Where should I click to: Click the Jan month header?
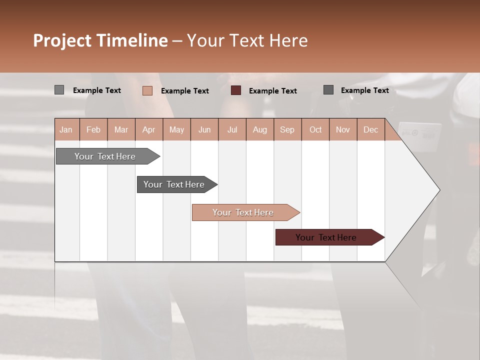[66, 129]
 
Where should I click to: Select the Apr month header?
[149, 129]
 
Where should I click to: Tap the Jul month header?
[232, 129]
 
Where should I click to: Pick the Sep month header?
[287, 129]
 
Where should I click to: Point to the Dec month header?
[370, 129]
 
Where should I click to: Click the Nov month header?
[343, 129]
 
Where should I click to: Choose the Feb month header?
[93, 129]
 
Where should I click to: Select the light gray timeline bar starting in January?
[105, 156]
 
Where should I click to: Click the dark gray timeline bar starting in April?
[174, 184]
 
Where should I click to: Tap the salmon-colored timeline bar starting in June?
[243, 212]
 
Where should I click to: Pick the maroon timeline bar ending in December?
[326, 237]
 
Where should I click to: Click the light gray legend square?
[59, 90]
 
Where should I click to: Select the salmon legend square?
[147, 90]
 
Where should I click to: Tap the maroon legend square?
[236, 90]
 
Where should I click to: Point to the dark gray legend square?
[328, 90]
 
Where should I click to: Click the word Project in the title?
[62, 40]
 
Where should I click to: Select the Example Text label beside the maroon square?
[272, 90]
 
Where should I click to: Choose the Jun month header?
[204, 129]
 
